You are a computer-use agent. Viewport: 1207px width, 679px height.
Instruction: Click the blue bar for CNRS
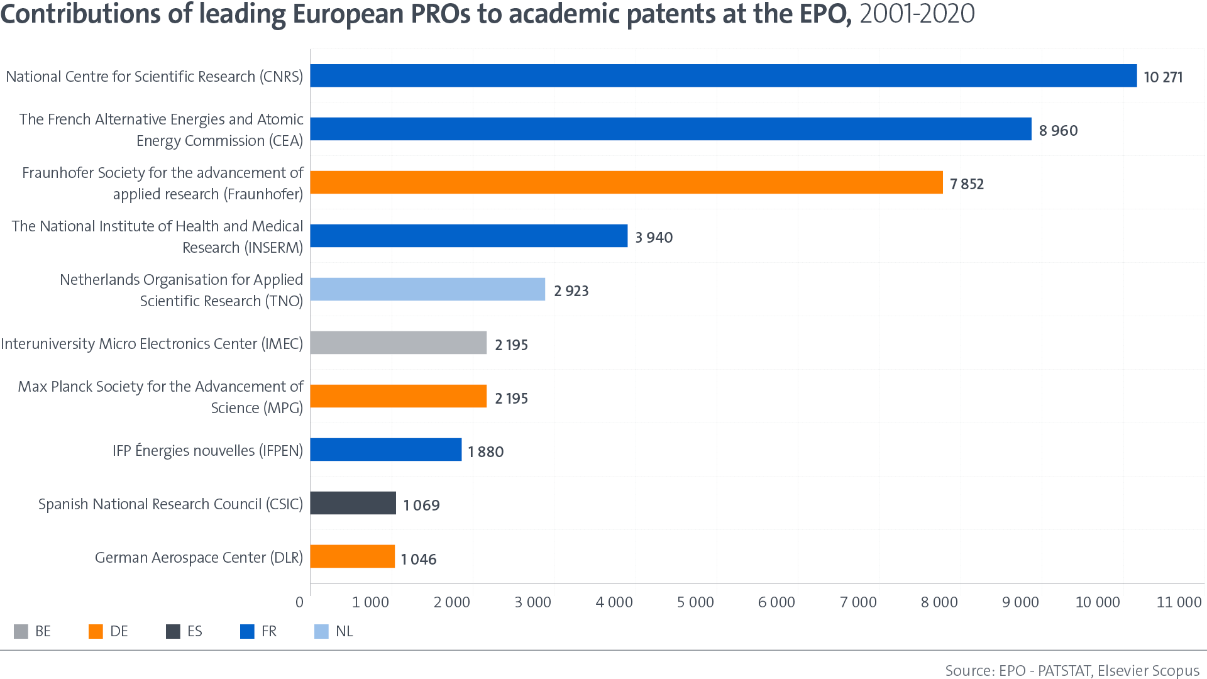click(x=723, y=75)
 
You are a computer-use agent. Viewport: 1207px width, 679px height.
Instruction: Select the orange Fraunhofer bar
click(x=626, y=182)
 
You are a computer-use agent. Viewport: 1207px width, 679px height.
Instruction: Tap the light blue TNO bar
click(x=427, y=289)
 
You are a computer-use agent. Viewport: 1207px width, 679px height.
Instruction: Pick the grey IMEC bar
click(x=399, y=343)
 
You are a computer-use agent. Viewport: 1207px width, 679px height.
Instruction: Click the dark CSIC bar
click(x=353, y=503)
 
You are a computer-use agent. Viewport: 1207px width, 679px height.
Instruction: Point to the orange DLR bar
click(x=352, y=556)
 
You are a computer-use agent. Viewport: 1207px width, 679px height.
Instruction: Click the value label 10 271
click(x=1163, y=77)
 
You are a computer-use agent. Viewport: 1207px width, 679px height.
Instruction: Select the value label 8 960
click(x=1058, y=131)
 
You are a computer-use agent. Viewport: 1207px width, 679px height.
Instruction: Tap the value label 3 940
click(x=654, y=238)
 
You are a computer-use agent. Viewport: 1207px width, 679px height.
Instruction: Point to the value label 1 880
click(x=485, y=452)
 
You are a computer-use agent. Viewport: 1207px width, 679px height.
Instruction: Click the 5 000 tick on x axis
click(x=695, y=602)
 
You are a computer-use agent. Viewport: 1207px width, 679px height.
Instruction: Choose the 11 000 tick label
click(x=1179, y=602)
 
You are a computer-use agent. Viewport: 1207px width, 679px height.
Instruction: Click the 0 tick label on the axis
click(x=300, y=602)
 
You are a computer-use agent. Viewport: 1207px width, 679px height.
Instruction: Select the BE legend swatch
click(x=21, y=631)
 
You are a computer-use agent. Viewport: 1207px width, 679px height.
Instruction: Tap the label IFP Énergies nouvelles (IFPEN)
click(x=207, y=451)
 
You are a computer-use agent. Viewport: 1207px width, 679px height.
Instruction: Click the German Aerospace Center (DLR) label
click(x=199, y=558)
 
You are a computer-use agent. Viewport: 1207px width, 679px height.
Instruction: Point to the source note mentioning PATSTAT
click(x=1072, y=670)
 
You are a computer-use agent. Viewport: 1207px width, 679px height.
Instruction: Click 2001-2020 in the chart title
click(x=917, y=14)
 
